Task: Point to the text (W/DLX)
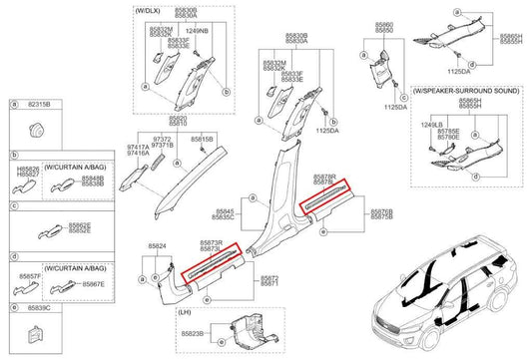pyautogui.click(x=147, y=9)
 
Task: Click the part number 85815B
pyautogui.click(x=202, y=140)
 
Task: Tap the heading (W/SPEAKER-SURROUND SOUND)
pyautogui.click(x=465, y=91)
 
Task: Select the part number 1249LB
pyautogui.click(x=431, y=124)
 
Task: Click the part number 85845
pyautogui.click(x=226, y=210)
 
